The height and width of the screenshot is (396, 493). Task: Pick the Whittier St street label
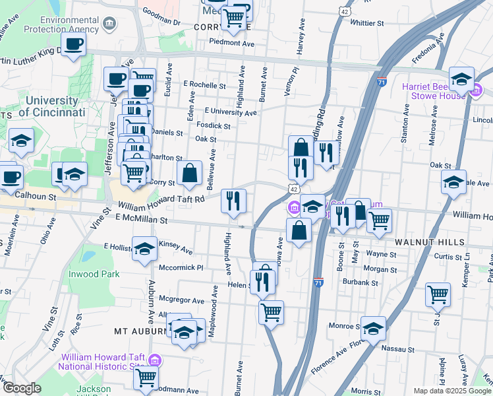point(368,22)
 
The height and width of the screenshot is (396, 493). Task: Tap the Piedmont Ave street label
point(231,43)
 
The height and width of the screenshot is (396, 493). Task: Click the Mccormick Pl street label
point(181,268)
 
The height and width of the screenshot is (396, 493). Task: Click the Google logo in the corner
point(21,388)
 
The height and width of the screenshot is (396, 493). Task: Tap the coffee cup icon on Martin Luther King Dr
point(74,45)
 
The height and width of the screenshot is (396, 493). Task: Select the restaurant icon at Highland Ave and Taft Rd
point(233,201)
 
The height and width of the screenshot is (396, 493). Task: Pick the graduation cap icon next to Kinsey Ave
point(145,249)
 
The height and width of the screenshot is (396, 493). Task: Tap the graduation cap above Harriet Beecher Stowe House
point(461,79)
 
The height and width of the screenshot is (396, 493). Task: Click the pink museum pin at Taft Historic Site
point(155,360)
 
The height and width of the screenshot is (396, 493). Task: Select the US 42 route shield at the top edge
point(346,12)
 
